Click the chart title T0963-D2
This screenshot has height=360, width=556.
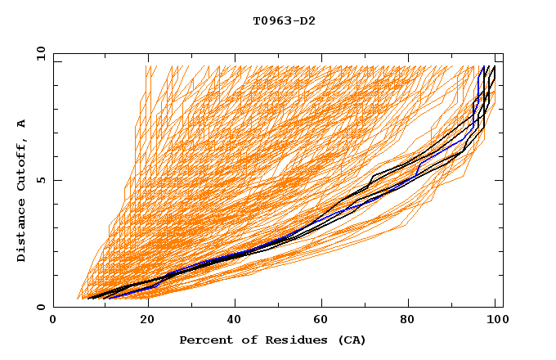pyautogui.click(x=284, y=20)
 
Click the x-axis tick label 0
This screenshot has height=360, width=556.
pyautogui.click(x=53, y=321)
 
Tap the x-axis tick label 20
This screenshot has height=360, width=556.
pyautogui.click(x=141, y=321)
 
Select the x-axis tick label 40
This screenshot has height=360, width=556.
pyautogui.click(x=231, y=321)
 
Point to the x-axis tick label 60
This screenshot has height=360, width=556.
pyautogui.click(x=319, y=321)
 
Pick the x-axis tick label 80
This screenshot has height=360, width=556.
pyautogui.click(x=407, y=321)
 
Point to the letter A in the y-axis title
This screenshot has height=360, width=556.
pyautogui.click(x=21, y=123)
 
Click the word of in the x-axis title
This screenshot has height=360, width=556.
pyautogui.click(x=242, y=340)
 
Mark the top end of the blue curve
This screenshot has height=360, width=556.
pyautogui.click(x=484, y=66)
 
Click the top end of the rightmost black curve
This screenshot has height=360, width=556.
pyautogui.click(x=494, y=66)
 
